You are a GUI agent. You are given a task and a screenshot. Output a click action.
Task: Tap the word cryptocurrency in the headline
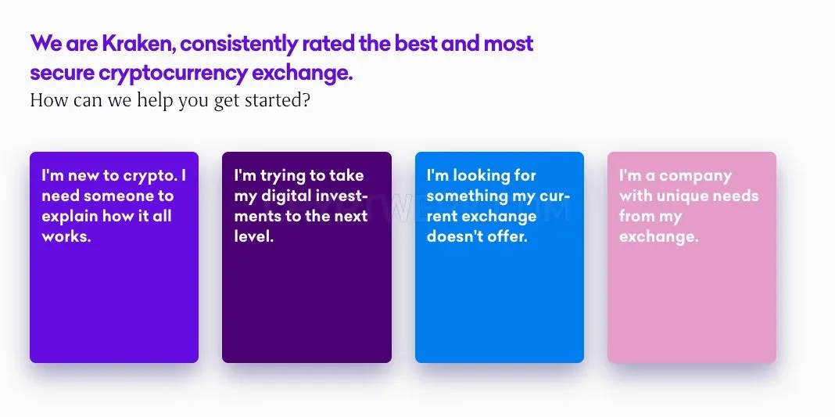pyautogui.click(x=173, y=73)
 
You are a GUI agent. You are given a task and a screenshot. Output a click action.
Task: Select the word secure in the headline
pyautogui.click(x=62, y=74)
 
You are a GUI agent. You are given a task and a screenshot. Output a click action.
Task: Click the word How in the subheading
pyautogui.click(x=49, y=100)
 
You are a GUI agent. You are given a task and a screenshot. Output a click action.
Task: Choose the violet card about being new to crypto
pyautogui.click(x=114, y=257)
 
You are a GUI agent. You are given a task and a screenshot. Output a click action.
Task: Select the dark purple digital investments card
pyautogui.click(x=306, y=257)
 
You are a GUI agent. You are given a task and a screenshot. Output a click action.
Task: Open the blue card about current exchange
pyautogui.click(x=500, y=257)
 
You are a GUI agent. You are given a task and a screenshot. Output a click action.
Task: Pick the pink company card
pyautogui.click(x=692, y=257)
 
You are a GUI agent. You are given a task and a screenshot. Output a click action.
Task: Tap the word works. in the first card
pyautogui.click(x=66, y=236)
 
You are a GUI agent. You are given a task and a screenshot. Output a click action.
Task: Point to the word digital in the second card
pyautogui.click(x=285, y=196)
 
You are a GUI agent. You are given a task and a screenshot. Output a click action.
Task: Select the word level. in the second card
pyautogui.click(x=254, y=236)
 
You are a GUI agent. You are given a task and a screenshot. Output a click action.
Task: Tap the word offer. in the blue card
pyautogui.click(x=505, y=236)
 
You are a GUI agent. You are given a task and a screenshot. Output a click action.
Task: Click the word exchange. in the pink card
pyautogui.click(x=659, y=236)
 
